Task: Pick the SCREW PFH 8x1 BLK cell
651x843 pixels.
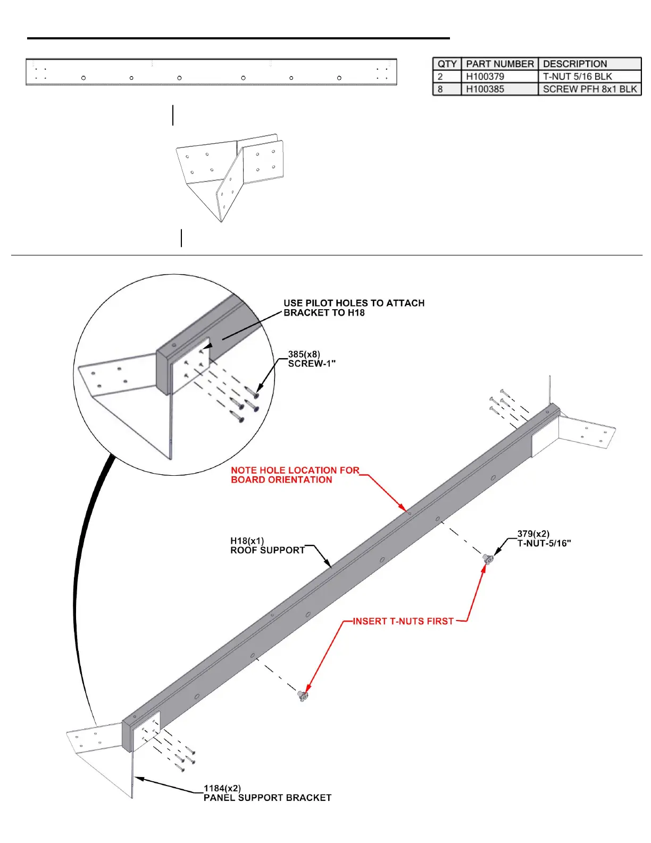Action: (x=589, y=89)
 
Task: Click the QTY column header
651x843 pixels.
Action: (x=447, y=64)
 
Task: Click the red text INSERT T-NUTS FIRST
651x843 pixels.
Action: (x=403, y=621)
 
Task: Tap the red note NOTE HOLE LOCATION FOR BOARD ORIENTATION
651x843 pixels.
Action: (x=295, y=475)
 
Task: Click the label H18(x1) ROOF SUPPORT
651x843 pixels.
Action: (x=268, y=546)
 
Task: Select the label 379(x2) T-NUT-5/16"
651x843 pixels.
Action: (x=544, y=539)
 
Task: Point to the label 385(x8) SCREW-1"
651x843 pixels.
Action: (x=312, y=359)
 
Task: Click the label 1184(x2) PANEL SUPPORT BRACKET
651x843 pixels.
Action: (x=267, y=793)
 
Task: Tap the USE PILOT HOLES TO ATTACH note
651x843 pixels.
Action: (x=354, y=308)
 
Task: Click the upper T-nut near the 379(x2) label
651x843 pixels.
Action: (x=487, y=558)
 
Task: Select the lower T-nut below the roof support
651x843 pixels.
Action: (x=303, y=695)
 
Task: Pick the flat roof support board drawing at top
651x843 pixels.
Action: (x=211, y=72)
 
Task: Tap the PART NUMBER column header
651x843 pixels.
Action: (x=499, y=64)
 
